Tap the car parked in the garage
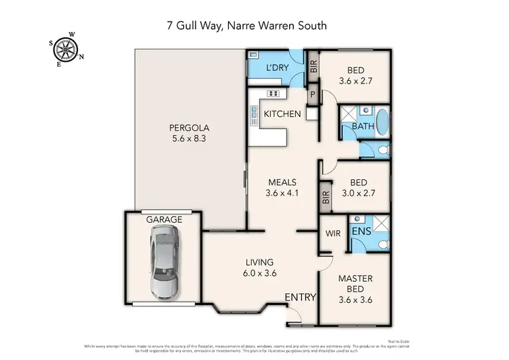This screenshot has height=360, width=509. click(163, 262)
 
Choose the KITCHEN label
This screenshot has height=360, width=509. click(282, 113)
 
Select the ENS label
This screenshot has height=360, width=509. click(360, 232)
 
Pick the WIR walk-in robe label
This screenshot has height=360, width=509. click(332, 232)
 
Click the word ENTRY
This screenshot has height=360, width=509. click(299, 297)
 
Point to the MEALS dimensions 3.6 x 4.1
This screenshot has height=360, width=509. click(282, 193)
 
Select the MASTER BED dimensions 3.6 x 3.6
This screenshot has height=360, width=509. click(356, 301)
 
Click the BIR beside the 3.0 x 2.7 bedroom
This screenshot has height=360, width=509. click(325, 197)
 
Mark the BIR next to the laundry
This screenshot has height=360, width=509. click(313, 67)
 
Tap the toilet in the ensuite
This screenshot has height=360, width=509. click(383, 243)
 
